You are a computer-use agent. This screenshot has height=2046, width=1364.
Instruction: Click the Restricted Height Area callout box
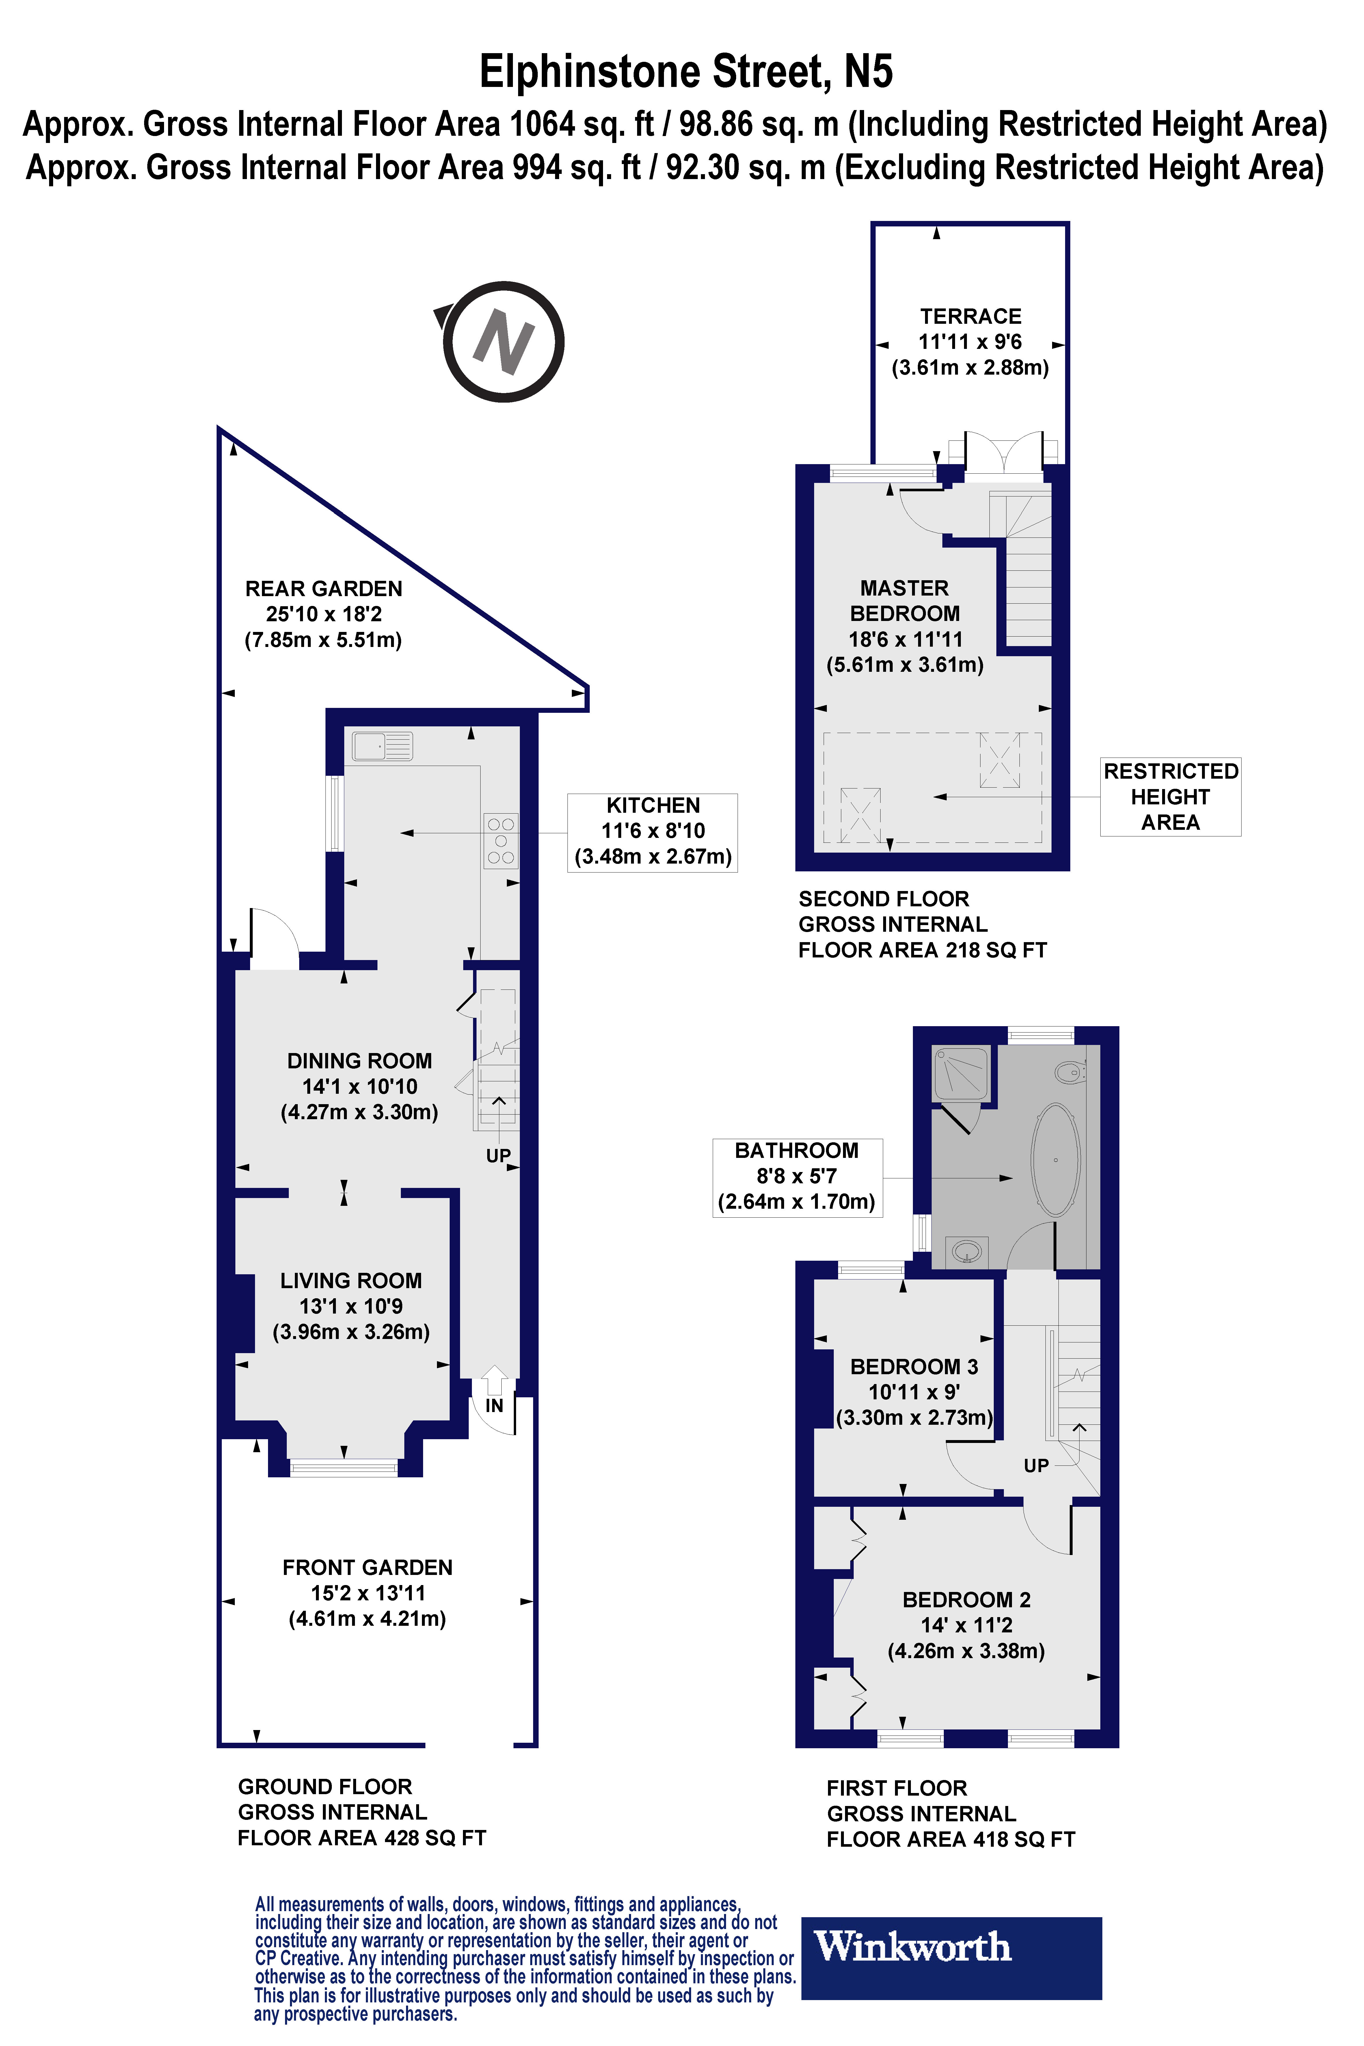tap(1170, 797)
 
